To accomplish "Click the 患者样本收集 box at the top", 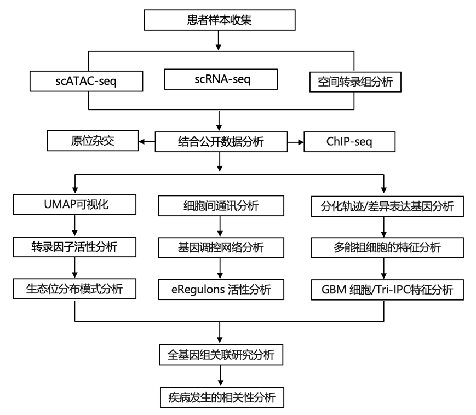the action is pyautogui.click(x=220, y=20).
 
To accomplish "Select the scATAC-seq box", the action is pyautogui.click(x=86, y=81).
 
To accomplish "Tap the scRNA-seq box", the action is pyautogui.click(x=221, y=79).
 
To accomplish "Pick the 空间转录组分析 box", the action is pyautogui.click(x=355, y=82).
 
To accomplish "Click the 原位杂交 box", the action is pyautogui.click(x=93, y=141).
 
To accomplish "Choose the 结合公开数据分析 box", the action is pyautogui.click(x=221, y=142).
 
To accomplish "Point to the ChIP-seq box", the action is pyautogui.click(x=349, y=142).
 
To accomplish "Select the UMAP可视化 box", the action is pyautogui.click(x=74, y=204).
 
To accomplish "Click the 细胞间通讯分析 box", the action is pyautogui.click(x=221, y=206).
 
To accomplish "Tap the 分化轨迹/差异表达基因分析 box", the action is pyautogui.click(x=387, y=206).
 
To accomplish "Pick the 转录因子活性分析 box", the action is pyautogui.click(x=74, y=247).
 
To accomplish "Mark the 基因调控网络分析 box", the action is pyautogui.click(x=221, y=248).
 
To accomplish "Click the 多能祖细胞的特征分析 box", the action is pyautogui.click(x=387, y=248).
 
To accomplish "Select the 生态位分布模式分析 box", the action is pyautogui.click(x=74, y=289).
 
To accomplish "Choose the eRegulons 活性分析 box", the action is pyautogui.click(x=221, y=290).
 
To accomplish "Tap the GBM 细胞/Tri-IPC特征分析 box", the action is pyautogui.click(x=387, y=290).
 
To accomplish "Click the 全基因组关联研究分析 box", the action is pyautogui.click(x=221, y=355).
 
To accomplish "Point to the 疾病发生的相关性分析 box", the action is pyautogui.click(x=222, y=397).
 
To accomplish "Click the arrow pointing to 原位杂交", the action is pyautogui.click(x=147, y=142).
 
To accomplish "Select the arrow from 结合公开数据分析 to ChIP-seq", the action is pyautogui.click(x=296, y=142).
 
